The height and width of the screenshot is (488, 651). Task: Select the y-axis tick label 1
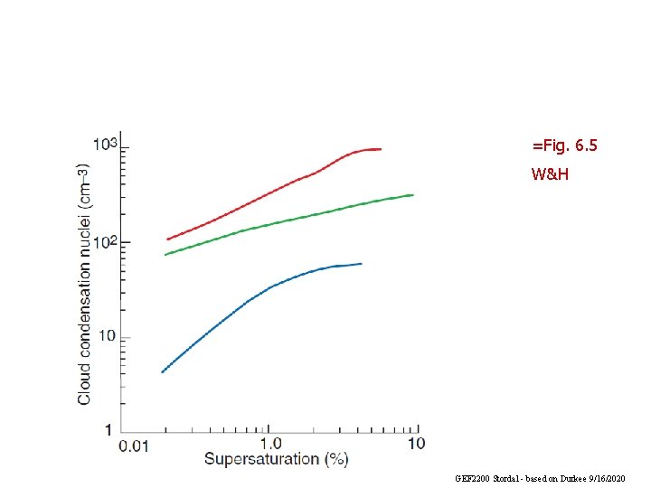108,429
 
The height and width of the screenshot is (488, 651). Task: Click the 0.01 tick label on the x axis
134,445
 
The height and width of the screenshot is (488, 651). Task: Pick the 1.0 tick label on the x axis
270,444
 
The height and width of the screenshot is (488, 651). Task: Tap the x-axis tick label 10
416,444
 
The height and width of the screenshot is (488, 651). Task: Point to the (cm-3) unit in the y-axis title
82,186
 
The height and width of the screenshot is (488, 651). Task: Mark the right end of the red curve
381,149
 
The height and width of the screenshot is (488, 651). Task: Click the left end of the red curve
167,239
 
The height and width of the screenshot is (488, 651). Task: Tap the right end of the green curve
413,194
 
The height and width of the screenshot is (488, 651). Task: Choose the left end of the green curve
165,255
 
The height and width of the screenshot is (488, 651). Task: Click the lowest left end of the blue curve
162,372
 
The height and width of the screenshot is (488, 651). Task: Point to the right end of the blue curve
362,264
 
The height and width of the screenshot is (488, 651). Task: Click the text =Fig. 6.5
565,145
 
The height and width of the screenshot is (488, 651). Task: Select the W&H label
550,174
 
